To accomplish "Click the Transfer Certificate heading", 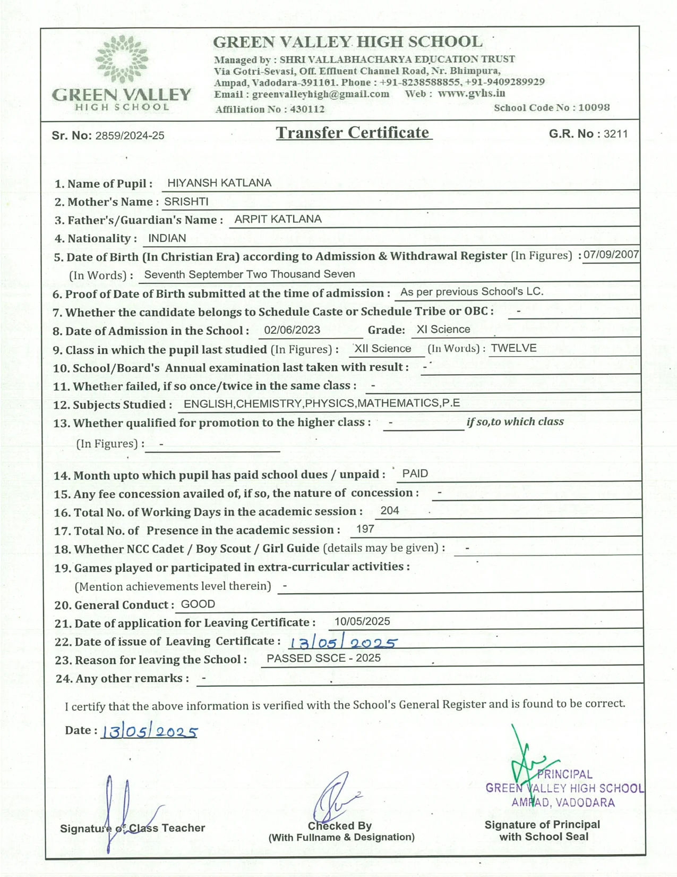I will pos(353,132).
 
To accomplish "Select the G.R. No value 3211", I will pos(615,133).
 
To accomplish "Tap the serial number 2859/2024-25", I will pos(130,136).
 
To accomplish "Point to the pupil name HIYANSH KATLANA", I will pos(219,183).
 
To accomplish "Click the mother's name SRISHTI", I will pos(186,201).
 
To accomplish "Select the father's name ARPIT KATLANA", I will pos(278,219).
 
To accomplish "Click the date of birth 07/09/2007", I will pos(611,255).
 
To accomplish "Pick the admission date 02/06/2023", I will pos(292,330).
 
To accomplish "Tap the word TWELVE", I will pos(513,348).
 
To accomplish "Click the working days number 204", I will pos(390,511).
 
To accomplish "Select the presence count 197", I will pos(365,529).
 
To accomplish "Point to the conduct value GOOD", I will pos(198,604).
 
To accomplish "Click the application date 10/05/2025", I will pos(362,621).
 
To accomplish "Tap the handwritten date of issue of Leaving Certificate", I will pos(342,642).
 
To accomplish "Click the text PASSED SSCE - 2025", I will pos(323,658).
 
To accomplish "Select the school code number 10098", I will pos(594,107).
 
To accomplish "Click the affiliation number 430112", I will pos(307,109).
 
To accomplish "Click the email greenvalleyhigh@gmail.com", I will pos(321,94).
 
